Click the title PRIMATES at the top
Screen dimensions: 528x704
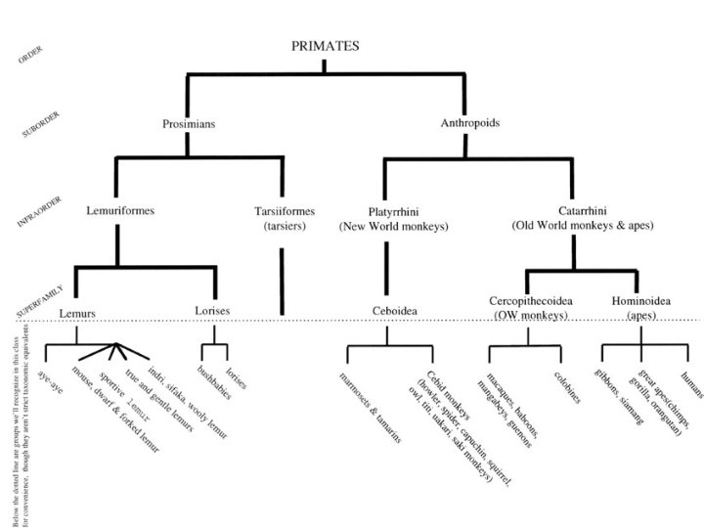(325, 46)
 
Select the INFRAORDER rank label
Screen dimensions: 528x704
(40, 209)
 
